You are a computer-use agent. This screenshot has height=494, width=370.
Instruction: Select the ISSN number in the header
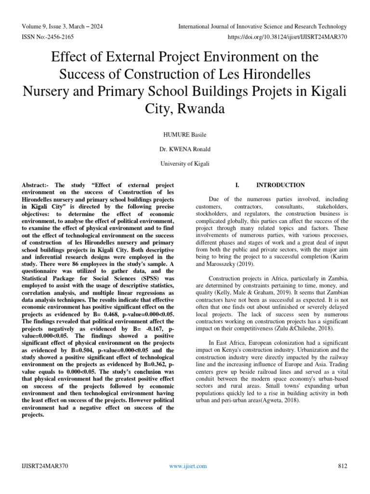47,37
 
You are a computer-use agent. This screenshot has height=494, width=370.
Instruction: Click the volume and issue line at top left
62,26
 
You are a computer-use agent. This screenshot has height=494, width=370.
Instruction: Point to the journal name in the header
263,26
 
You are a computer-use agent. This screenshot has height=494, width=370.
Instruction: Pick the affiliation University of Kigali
185,164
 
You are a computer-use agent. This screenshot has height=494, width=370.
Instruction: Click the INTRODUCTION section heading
280,185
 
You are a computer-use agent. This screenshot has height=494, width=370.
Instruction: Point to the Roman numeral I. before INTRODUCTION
237,185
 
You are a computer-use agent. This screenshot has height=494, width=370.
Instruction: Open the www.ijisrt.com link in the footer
188,466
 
